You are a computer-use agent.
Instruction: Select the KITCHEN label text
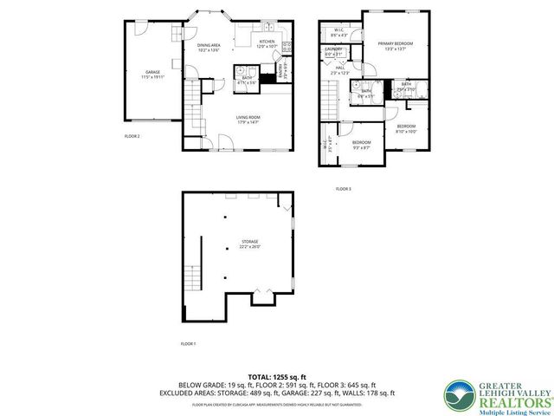[267, 42]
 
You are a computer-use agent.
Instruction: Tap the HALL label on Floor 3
[340, 69]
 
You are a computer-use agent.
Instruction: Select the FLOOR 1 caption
[188, 344]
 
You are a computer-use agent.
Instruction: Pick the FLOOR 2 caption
[132, 136]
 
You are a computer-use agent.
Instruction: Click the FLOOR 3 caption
[344, 188]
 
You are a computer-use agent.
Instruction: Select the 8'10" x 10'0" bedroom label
[406, 129]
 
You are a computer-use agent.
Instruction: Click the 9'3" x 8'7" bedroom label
[361, 145]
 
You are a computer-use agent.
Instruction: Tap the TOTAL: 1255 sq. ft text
[276, 377]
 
